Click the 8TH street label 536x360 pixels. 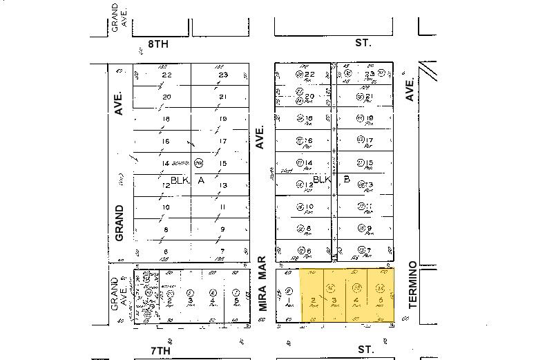(158, 44)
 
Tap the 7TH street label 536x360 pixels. (160, 350)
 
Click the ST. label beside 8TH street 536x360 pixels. (363, 43)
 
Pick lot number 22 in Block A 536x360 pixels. (166, 75)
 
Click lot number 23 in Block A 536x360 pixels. (222, 75)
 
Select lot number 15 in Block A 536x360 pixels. (222, 164)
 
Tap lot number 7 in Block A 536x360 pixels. (222, 251)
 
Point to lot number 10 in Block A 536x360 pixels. (166, 207)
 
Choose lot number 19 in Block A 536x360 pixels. (222, 120)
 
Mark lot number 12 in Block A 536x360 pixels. (166, 185)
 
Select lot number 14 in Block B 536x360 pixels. (309, 163)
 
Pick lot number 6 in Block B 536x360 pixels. (309, 250)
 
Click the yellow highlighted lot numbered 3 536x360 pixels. (334, 300)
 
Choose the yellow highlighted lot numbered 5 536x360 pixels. (381, 300)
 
